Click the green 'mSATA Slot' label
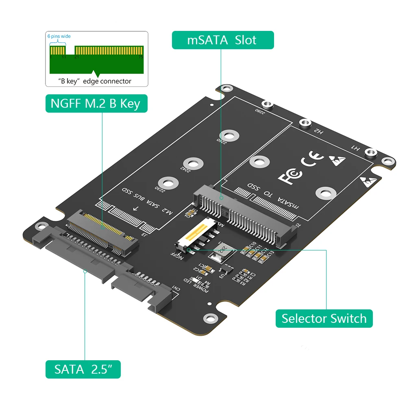coord(222,40)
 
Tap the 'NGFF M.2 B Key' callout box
coord(96,104)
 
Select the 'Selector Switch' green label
coord(324,318)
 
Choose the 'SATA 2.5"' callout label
coord(83,370)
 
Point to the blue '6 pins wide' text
coord(59,37)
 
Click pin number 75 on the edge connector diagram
coord(141,57)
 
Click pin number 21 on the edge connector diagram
coord(76,57)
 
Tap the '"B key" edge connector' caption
coord(96,81)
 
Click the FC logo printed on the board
coord(290,175)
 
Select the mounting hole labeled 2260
coord(229,135)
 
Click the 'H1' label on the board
coord(355,149)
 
